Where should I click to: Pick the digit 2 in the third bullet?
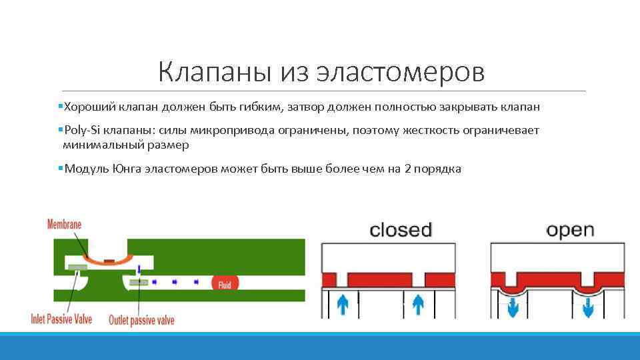tap(407, 169)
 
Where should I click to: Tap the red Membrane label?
tap(64, 225)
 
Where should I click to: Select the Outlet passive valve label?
tap(141, 321)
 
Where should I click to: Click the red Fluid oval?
tap(225, 285)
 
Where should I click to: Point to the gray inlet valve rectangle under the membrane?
tap(77, 267)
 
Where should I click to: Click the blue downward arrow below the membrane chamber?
tap(139, 269)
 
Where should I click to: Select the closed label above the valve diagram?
tap(401, 230)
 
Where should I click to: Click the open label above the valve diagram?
tap(570, 231)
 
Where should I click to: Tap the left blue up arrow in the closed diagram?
tap(343, 305)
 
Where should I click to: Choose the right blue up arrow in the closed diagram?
tap(418, 305)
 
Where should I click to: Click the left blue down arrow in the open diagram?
tap(514, 308)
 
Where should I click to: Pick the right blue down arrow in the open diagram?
tap(589, 308)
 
